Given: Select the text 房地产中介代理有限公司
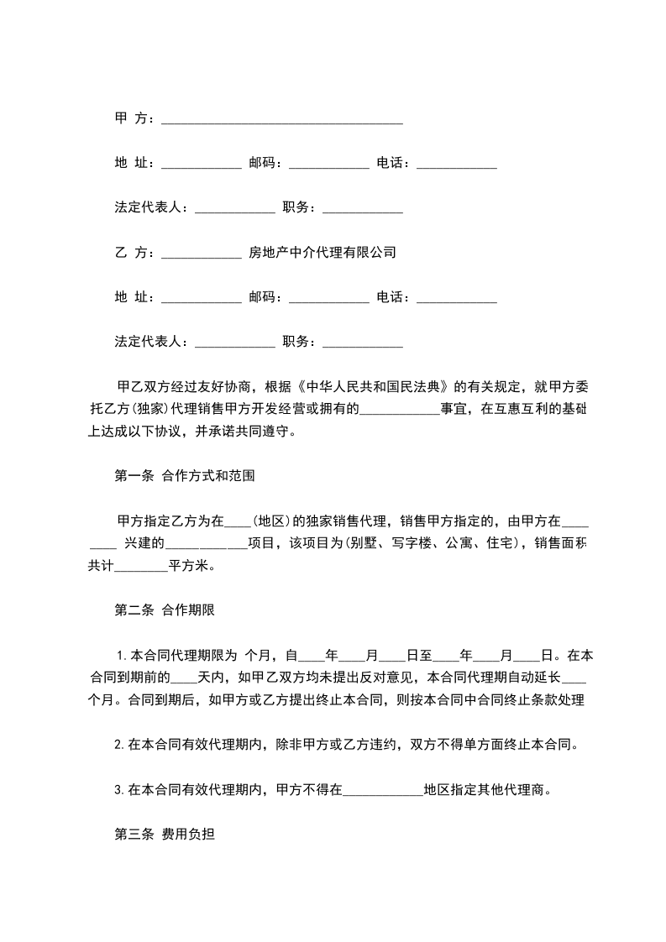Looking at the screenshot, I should click(x=323, y=252).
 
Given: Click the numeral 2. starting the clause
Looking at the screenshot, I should click(x=119, y=745).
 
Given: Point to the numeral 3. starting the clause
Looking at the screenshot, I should click(x=119, y=790).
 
